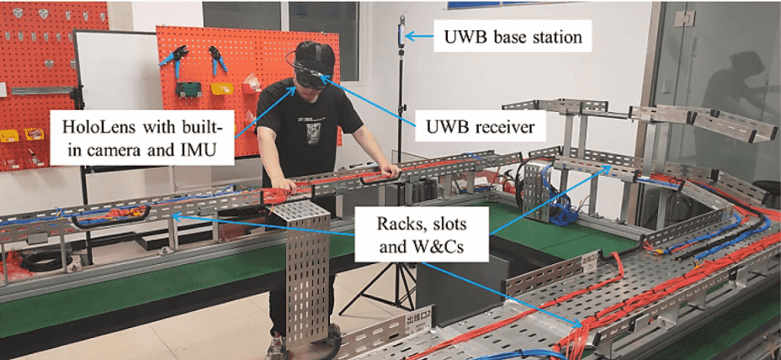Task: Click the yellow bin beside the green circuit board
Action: click(x=221, y=88)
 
